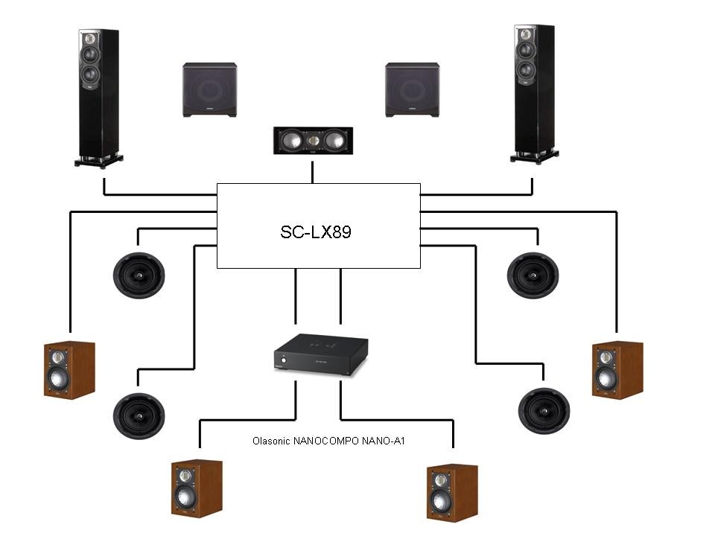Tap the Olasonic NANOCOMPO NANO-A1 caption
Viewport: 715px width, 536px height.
point(328,441)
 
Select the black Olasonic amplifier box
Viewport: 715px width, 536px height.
point(321,353)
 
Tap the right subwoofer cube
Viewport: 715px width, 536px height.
point(412,89)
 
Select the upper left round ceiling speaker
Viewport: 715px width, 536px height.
point(139,275)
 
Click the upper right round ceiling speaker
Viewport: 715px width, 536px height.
point(533,275)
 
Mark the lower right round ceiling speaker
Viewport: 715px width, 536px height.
point(544,410)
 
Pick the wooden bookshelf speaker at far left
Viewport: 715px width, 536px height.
point(69,370)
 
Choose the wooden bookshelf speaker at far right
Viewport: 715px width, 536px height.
point(617,370)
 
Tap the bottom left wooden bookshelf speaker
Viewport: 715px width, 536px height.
point(196,488)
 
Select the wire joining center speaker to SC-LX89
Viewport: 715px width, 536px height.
point(313,170)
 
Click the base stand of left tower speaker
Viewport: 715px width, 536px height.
point(99,159)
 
